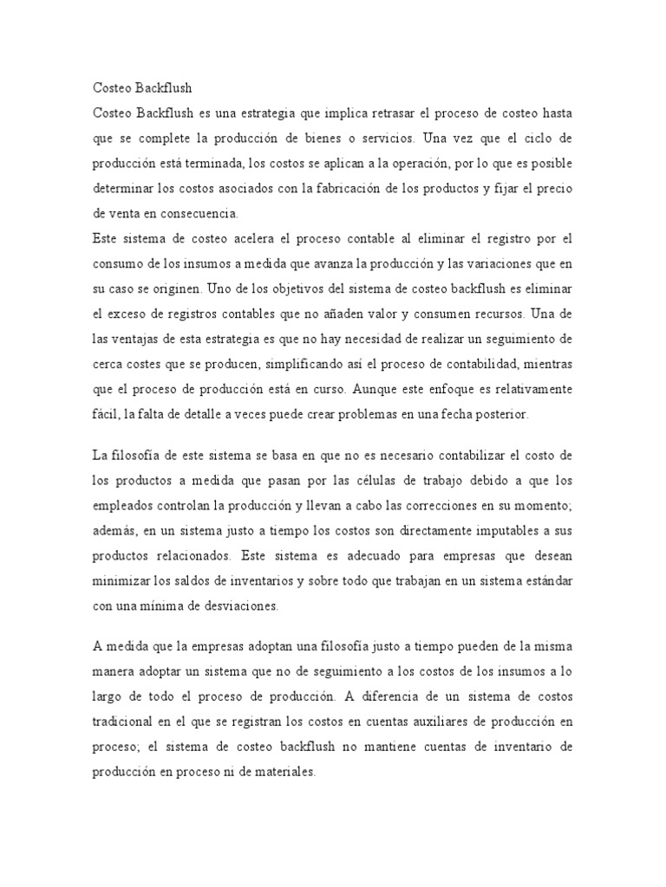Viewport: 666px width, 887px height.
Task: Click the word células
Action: tap(356, 480)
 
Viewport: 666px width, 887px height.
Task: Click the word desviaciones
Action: tap(237, 606)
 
